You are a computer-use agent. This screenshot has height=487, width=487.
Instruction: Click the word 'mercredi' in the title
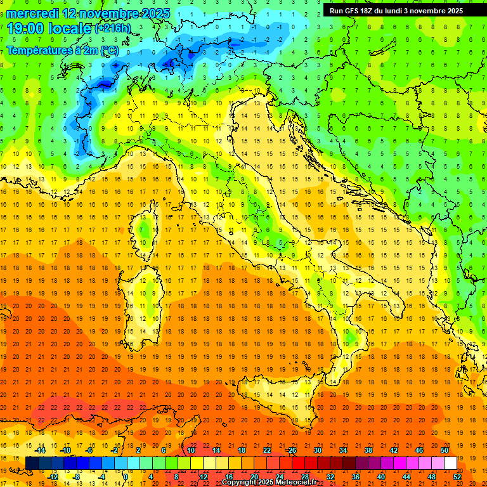click(32, 13)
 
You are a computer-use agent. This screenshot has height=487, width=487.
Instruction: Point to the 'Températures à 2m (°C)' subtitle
click(62, 50)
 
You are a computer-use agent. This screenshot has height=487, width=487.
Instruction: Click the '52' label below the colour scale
click(457, 476)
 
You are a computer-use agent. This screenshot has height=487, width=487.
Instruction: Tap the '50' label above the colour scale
click(445, 450)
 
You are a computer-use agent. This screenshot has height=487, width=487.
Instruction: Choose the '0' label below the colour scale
click(126, 476)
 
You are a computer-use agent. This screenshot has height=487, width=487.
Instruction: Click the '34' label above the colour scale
click(343, 450)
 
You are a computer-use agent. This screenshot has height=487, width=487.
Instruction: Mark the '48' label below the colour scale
click(431, 476)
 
